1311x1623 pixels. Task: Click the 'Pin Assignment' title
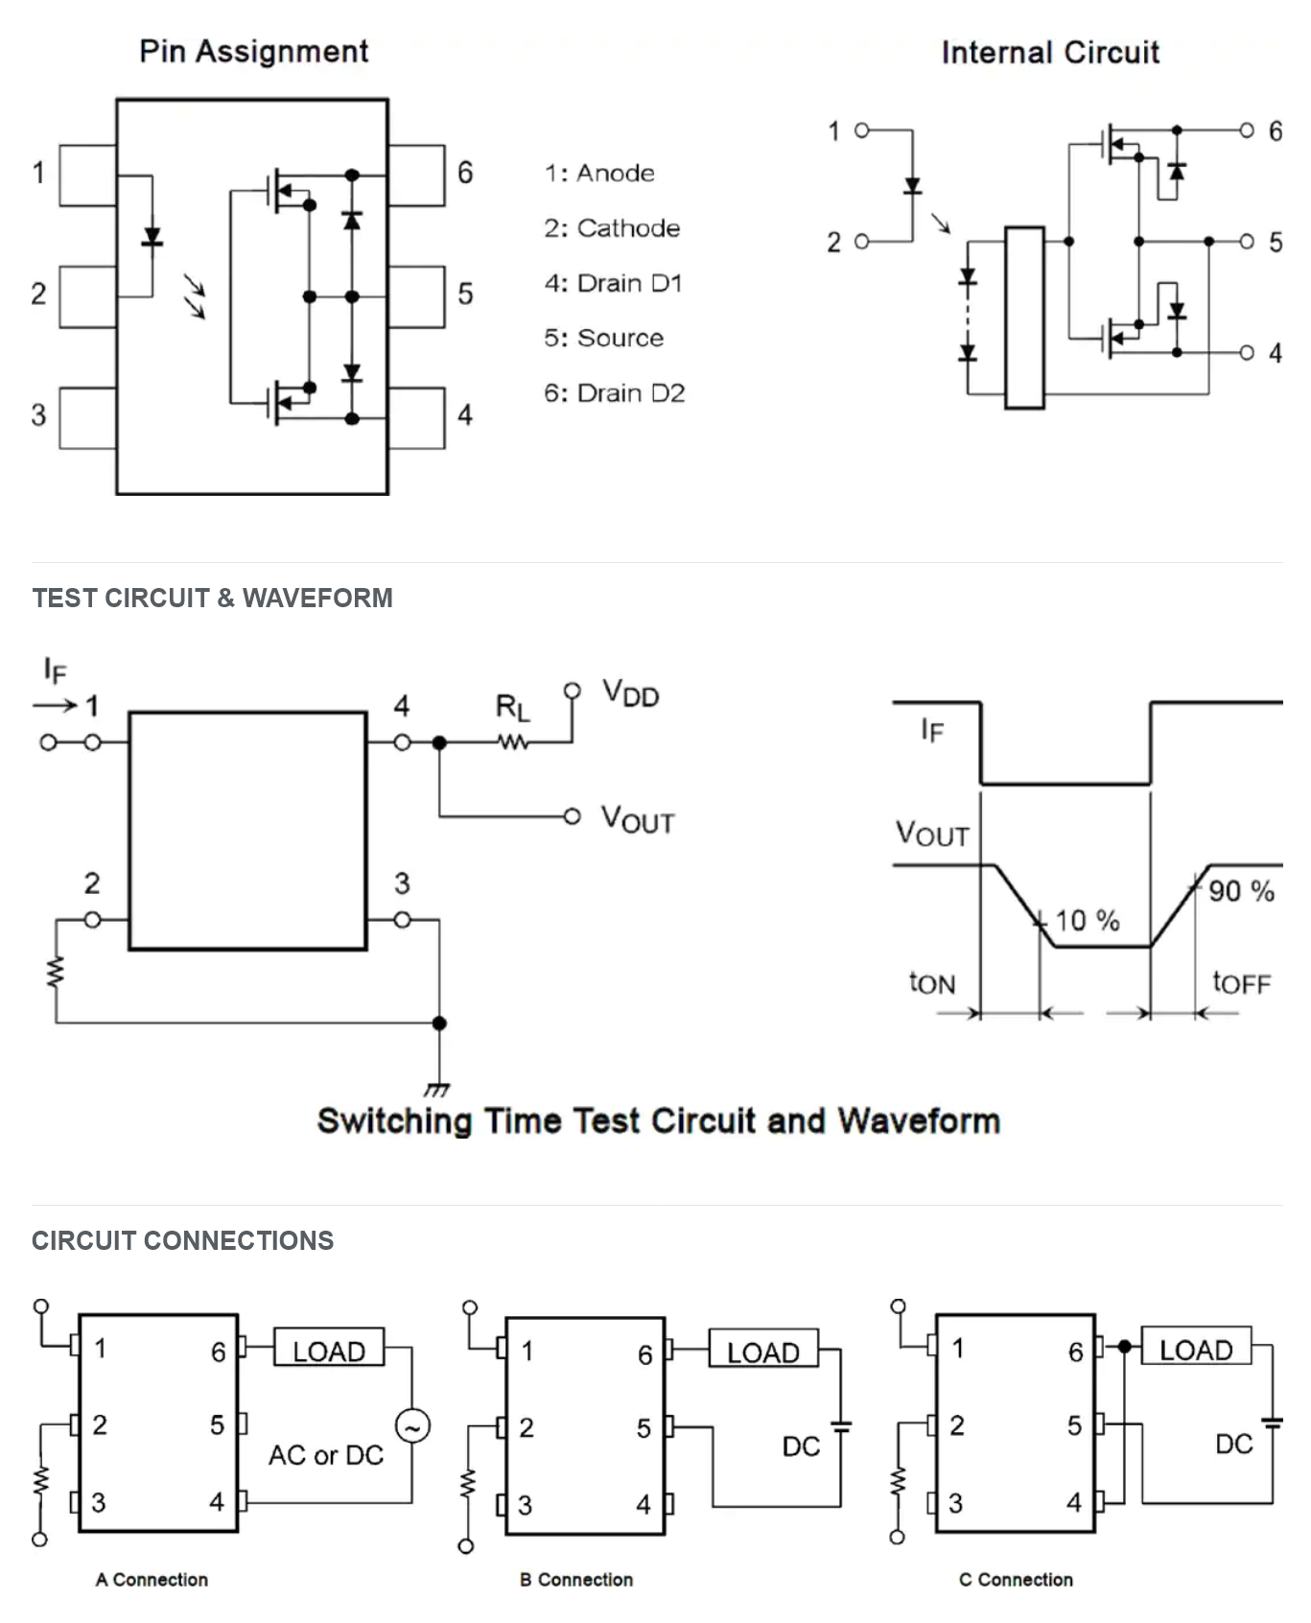tap(253, 51)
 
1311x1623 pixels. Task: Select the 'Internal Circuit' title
tap(1050, 52)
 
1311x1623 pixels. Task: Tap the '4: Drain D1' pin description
tap(613, 283)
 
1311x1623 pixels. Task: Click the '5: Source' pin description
tap(603, 338)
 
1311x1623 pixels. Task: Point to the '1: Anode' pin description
tap(599, 173)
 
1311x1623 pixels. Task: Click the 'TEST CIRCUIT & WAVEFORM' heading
tap(212, 598)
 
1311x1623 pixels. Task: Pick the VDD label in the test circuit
tap(631, 693)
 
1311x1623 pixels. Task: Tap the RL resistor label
tap(512, 709)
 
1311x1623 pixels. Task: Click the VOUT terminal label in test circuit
tap(638, 819)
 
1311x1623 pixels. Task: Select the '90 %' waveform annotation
tap(1241, 891)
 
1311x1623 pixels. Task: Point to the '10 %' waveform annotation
tap(1088, 921)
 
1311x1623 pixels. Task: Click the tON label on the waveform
tap(932, 982)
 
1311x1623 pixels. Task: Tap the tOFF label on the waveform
tap(1241, 982)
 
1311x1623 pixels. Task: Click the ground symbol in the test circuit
tap(437, 1089)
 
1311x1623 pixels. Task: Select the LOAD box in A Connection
tap(329, 1347)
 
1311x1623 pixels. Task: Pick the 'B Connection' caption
tap(576, 1579)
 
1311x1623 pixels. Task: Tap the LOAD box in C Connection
tap(1196, 1346)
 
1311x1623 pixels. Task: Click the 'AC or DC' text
tap(326, 1455)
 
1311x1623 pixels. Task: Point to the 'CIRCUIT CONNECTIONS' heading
tap(182, 1240)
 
